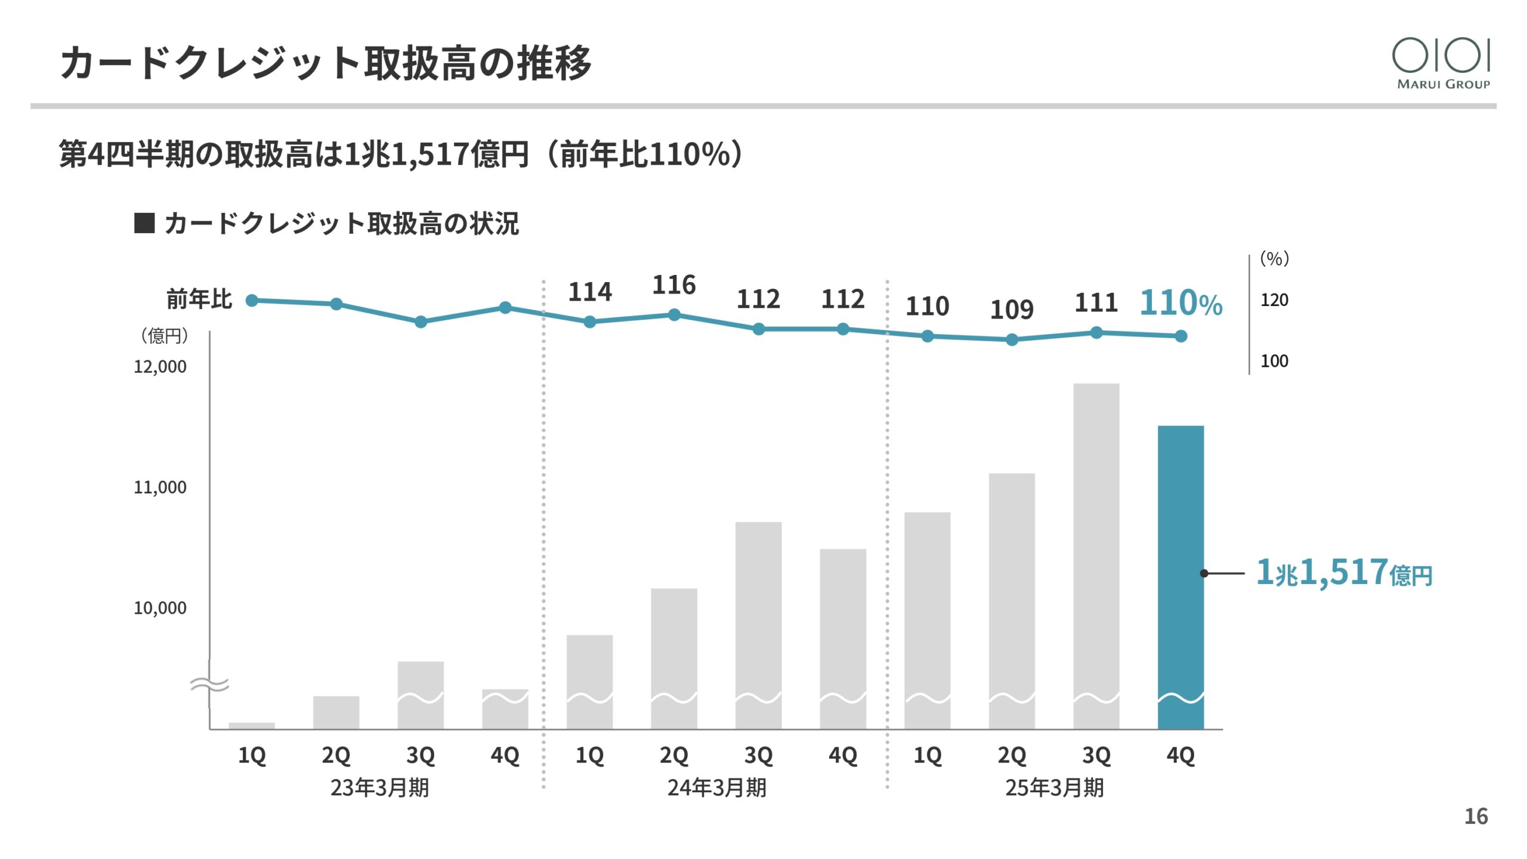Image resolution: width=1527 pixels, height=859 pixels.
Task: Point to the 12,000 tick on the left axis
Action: (160, 366)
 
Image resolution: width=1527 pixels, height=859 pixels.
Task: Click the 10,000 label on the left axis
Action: (160, 608)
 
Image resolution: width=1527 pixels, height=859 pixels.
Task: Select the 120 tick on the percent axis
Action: (1274, 300)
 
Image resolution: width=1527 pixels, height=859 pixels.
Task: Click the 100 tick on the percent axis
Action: (1274, 361)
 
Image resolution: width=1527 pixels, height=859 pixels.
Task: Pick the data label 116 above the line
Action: (673, 285)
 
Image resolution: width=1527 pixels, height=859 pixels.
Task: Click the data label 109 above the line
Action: (1012, 310)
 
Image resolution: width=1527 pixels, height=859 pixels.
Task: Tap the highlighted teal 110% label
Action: (1180, 303)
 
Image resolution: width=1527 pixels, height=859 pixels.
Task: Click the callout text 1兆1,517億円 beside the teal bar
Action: (1343, 573)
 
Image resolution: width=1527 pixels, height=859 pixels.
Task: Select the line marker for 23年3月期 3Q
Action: (421, 322)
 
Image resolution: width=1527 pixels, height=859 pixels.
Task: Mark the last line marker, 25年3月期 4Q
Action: (1180, 336)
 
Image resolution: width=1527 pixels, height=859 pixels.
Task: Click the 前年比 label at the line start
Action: (199, 299)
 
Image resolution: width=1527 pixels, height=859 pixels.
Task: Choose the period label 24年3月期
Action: (716, 787)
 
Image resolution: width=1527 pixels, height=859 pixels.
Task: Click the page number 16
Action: (1476, 816)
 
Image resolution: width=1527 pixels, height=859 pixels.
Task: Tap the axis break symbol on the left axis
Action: (209, 684)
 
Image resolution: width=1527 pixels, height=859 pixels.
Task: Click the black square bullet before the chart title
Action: (144, 223)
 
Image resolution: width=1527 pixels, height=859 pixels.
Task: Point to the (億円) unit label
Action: (164, 336)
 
